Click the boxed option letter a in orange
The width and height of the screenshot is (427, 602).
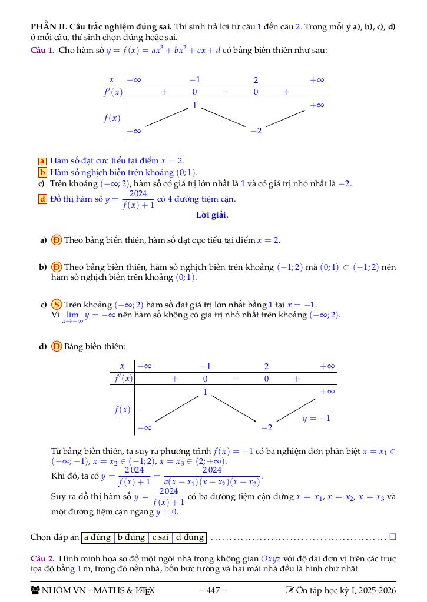click(x=42, y=160)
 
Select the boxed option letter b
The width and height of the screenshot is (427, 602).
click(x=42, y=172)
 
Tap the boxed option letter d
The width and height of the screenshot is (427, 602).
click(x=42, y=199)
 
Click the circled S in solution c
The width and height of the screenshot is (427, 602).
click(x=57, y=305)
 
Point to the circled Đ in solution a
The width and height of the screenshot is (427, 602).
click(x=57, y=240)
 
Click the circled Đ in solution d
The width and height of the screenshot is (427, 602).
click(x=57, y=346)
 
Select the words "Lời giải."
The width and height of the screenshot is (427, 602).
click(x=212, y=215)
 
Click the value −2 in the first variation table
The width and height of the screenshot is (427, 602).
click(x=256, y=131)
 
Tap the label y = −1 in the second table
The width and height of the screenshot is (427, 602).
click(x=316, y=419)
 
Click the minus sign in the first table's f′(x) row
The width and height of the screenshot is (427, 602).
click(x=225, y=92)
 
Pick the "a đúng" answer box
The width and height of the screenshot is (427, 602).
click(x=97, y=537)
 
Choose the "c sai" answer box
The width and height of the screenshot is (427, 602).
click(x=161, y=537)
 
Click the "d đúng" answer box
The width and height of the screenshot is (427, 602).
click(x=190, y=537)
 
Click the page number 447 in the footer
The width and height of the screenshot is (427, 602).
click(x=213, y=590)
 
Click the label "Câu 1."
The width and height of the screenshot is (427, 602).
click(x=42, y=50)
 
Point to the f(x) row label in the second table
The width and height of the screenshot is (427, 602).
click(x=122, y=410)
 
